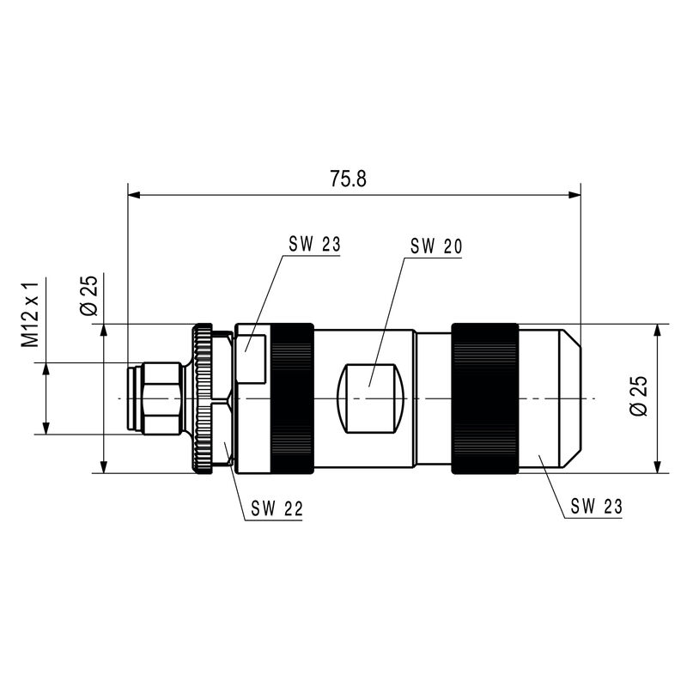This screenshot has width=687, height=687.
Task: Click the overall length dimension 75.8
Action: [348, 179]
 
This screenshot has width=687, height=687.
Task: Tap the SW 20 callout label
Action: [436, 246]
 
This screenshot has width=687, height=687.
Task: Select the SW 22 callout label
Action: [277, 508]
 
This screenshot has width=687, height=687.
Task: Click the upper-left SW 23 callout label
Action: [314, 244]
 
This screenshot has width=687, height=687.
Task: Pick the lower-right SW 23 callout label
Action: [596, 506]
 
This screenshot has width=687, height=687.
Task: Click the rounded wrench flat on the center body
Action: [371, 398]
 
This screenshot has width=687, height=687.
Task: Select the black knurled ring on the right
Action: [485, 398]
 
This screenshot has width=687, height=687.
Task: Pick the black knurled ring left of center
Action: [292, 398]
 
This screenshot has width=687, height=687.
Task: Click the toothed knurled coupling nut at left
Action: [203, 398]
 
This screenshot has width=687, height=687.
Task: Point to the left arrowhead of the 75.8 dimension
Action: [132, 195]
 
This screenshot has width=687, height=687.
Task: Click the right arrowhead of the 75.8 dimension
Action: [576, 195]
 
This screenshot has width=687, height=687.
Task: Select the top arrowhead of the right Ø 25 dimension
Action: [657, 330]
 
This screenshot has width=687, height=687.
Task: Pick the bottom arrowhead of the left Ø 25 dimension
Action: [103, 467]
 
